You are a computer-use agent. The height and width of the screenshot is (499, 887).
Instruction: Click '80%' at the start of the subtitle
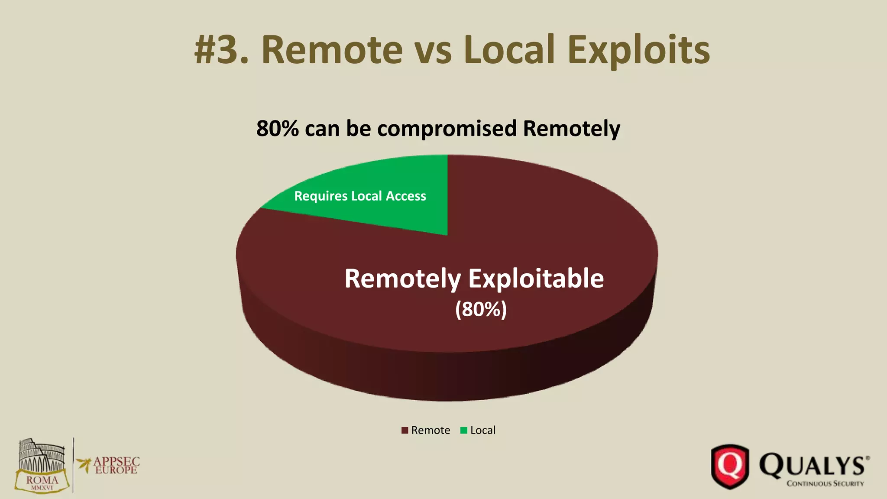(x=277, y=129)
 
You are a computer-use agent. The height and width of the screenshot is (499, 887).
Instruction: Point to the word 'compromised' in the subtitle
(x=447, y=129)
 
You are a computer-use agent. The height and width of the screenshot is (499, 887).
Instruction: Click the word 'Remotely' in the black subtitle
(x=572, y=129)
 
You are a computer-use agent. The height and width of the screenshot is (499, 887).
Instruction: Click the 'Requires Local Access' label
(x=360, y=196)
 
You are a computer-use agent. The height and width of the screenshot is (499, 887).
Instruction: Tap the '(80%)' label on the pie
(x=481, y=309)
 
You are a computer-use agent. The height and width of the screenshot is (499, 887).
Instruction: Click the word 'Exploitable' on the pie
(x=536, y=279)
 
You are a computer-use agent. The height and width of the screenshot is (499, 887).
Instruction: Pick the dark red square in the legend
(x=405, y=431)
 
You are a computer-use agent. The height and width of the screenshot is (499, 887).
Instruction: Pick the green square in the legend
(x=464, y=431)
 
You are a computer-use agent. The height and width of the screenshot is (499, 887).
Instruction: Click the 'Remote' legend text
(x=431, y=431)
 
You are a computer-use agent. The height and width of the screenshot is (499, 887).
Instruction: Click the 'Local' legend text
(x=483, y=431)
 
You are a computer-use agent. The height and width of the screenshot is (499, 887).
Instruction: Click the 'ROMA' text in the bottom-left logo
(x=42, y=480)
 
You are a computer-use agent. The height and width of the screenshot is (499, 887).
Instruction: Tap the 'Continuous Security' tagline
(x=825, y=483)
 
